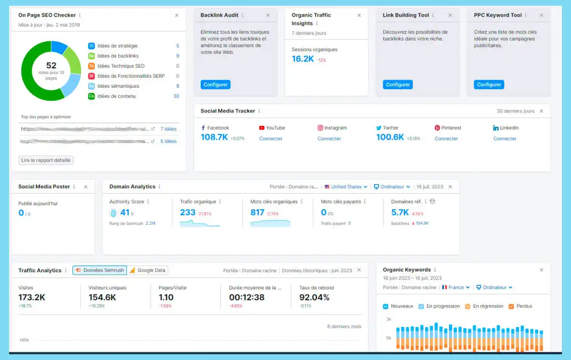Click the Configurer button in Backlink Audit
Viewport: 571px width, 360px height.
pyautogui.click(x=215, y=84)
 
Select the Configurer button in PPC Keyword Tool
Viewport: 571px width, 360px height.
pyautogui.click(x=489, y=84)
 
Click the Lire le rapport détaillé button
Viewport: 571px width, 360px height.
pyautogui.click(x=46, y=160)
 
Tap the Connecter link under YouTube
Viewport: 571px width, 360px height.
pyautogui.click(x=271, y=139)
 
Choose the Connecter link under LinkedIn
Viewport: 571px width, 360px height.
pyautogui.click(x=505, y=139)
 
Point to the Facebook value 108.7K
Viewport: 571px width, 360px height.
pyautogui.click(x=214, y=137)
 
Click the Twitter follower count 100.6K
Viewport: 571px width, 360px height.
pyautogui.click(x=390, y=137)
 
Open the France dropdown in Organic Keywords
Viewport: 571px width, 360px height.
pyautogui.click(x=456, y=288)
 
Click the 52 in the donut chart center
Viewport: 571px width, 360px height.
pyautogui.click(x=51, y=66)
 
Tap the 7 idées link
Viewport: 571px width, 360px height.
pyautogui.click(x=168, y=129)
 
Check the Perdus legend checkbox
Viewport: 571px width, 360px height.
pyautogui.click(x=511, y=306)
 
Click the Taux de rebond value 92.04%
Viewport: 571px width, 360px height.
pyautogui.click(x=314, y=298)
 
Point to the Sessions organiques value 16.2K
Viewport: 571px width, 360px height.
pyautogui.click(x=303, y=59)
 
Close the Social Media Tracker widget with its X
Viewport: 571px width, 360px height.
pyautogui.click(x=541, y=111)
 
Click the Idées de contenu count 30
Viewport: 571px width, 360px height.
pyautogui.click(x=176, y=96)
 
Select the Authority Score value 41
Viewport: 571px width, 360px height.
pyautogui.click(x=125, y=213)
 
